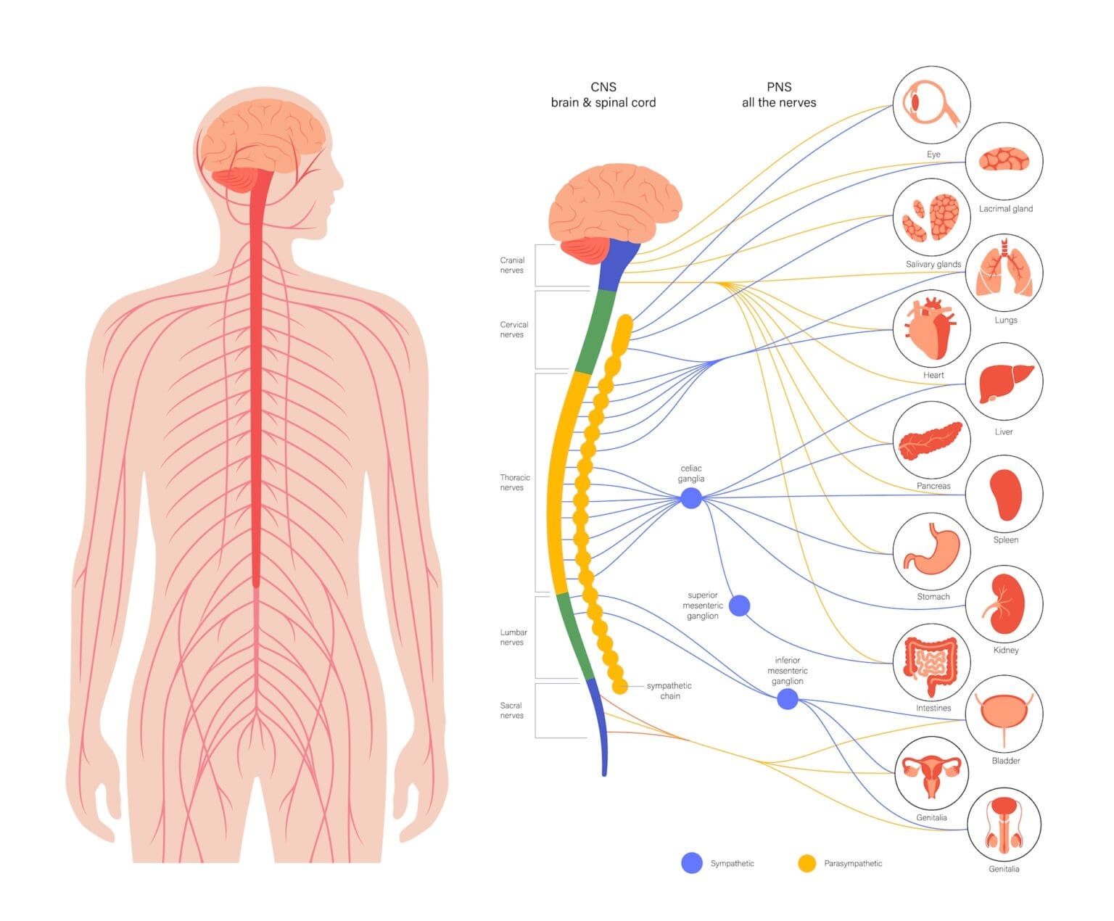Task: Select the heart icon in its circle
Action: point(931,328)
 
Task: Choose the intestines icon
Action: point(931,661)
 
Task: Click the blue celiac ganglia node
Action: point(691,497)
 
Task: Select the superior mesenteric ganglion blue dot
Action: point(739,606)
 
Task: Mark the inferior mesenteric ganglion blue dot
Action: point(788,699)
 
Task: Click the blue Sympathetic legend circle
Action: point(692,863)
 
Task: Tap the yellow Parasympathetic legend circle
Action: point(806,863)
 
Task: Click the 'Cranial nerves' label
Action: point(512,265)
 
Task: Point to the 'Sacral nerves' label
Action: point(511,710)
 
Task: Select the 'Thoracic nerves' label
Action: point(514,482)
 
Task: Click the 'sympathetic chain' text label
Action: point(669,690)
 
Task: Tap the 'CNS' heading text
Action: point(603,86)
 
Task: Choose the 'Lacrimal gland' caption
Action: point(1005,209)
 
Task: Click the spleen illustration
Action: point(1005,495)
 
